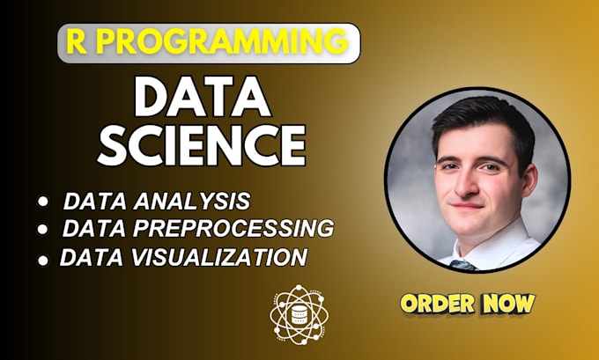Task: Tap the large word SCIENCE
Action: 201,143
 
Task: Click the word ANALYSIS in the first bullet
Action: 199,201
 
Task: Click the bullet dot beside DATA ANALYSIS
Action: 43,202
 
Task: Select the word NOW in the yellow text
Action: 511,305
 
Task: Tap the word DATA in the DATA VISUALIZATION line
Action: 89,257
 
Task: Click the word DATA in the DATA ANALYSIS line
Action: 93,201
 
